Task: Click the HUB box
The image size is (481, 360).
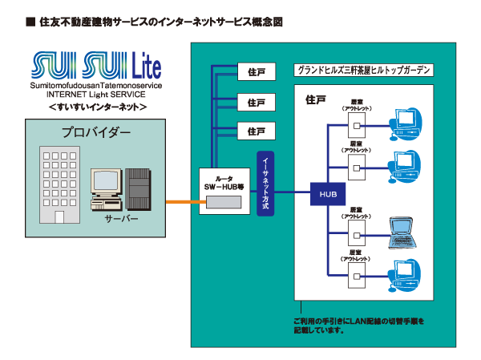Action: point(327,194)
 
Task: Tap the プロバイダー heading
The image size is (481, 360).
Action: point(91,133)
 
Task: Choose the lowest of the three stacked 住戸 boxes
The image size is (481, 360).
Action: point(257,131)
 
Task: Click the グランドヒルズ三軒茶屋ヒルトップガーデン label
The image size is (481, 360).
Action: point(365,71)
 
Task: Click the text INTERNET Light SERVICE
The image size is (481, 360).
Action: point(90,95)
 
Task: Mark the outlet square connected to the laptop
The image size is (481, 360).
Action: point(355,230)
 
